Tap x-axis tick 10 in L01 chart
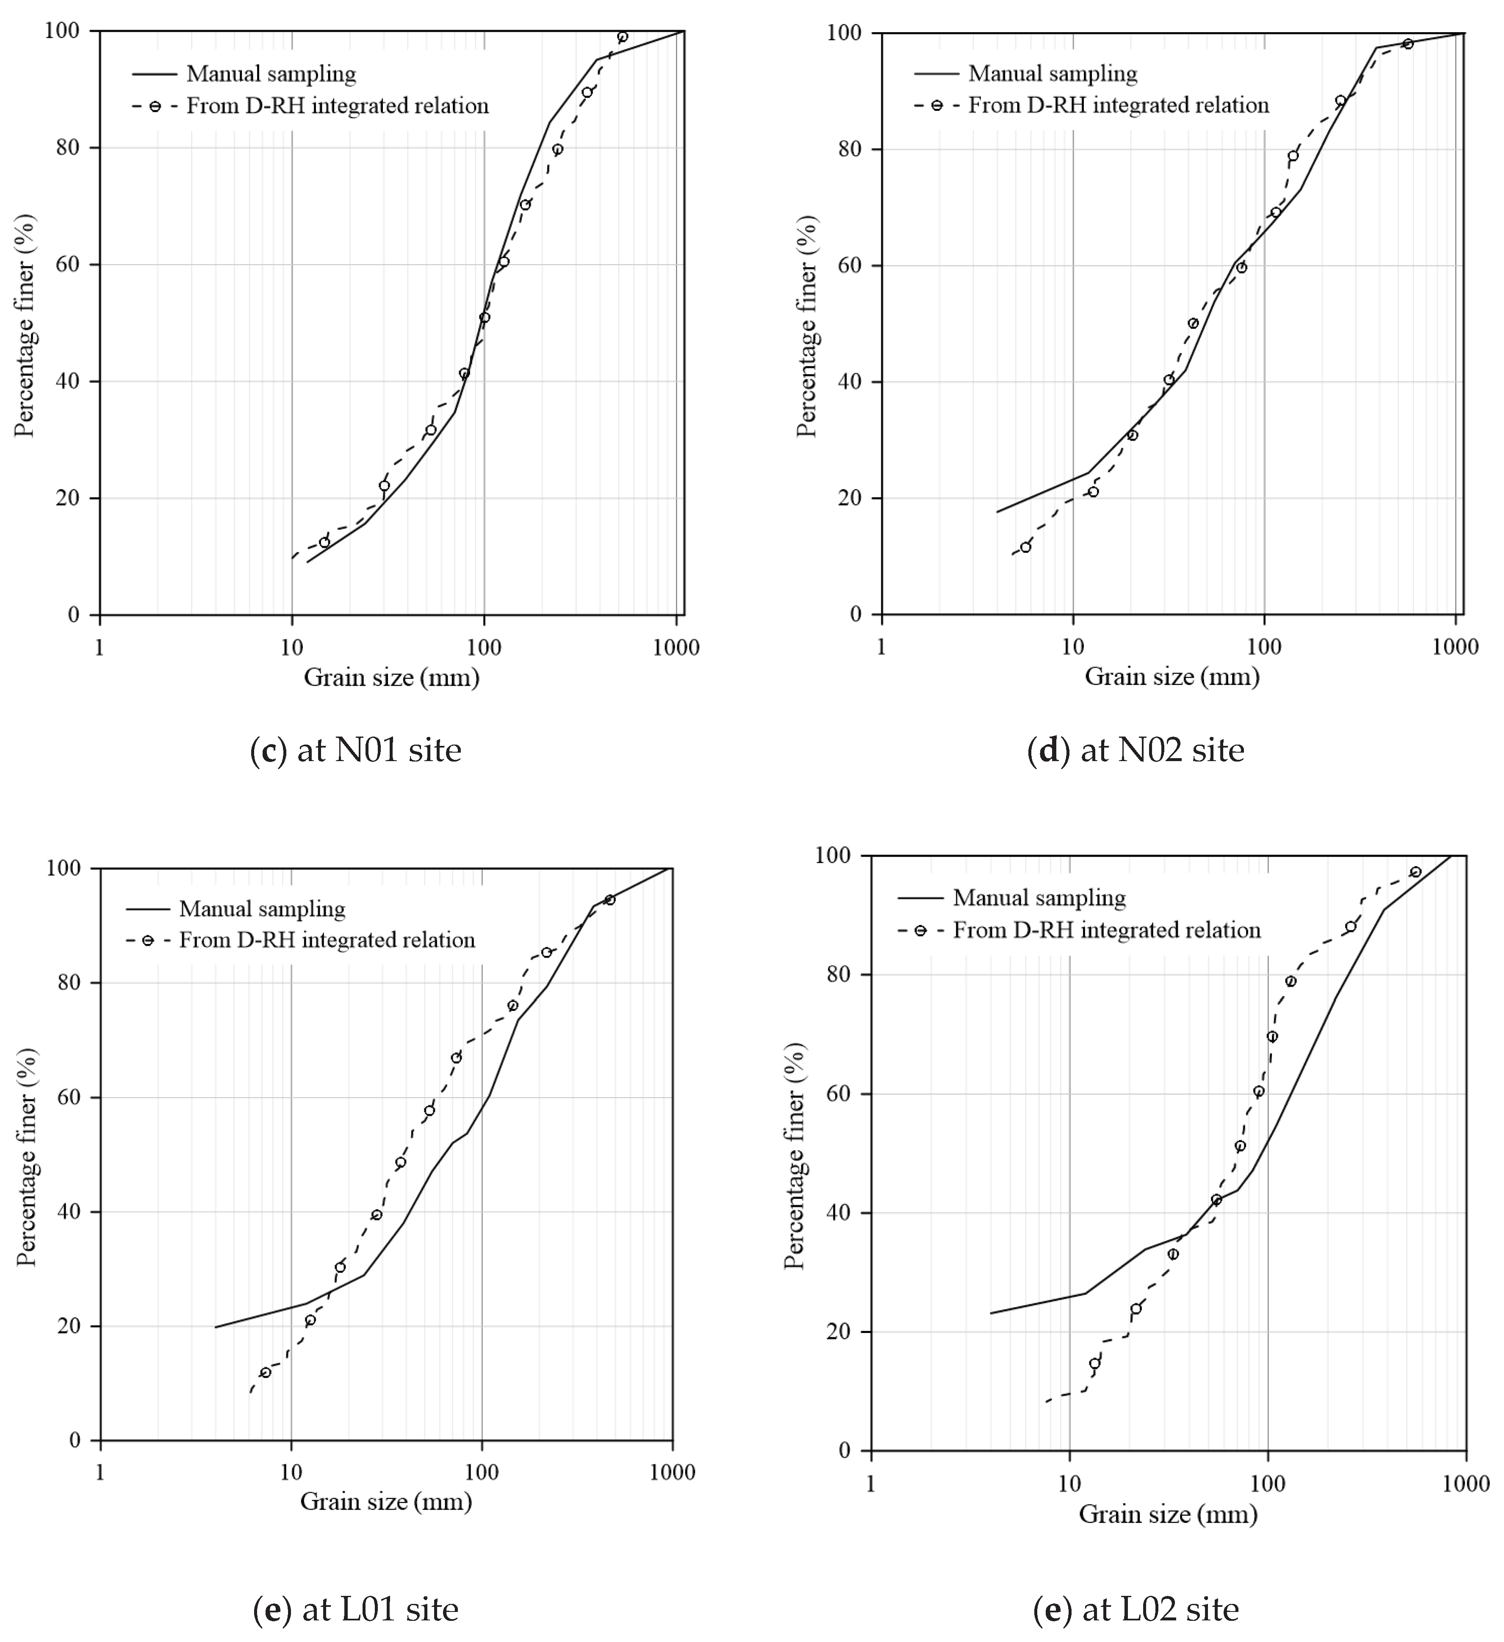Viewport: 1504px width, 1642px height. click(x=291, y=1473)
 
